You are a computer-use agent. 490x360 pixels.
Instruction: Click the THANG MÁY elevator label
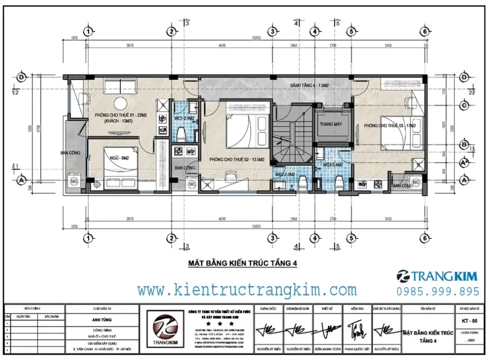pos(331,124)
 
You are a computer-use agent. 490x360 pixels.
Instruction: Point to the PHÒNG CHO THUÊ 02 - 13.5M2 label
pos(237,160)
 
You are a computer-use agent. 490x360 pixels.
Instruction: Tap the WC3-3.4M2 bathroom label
pos(333,165)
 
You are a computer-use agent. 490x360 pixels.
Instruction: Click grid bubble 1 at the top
pos(89,32)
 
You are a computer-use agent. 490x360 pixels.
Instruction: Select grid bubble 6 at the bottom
pos(424,238)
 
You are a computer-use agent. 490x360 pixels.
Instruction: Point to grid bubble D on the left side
pos(22,77)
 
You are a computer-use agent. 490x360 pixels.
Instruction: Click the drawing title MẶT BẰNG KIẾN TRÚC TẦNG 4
pos(240,264)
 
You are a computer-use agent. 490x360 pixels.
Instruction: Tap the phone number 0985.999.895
pos(437,291)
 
